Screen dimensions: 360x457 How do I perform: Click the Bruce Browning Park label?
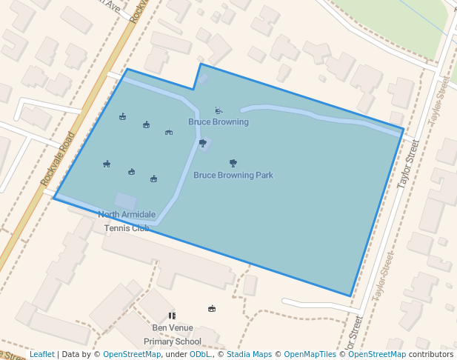pos(233,176)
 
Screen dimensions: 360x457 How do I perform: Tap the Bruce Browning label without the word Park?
pos(219,121)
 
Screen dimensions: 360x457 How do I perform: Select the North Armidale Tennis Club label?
pos(127,221)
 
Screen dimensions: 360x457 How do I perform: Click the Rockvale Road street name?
pos(59,159)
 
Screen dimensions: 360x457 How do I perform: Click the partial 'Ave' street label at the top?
pos(112,7)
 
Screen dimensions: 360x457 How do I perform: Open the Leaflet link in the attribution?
pos(41,355)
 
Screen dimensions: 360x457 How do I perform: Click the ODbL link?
pos(200,355)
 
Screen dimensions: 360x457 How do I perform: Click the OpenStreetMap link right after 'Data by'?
pos(132,355)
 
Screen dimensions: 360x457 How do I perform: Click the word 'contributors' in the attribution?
pos(431,355)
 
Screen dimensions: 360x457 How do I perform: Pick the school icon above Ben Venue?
pos(173,316)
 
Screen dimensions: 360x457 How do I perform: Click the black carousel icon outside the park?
pos(212,309)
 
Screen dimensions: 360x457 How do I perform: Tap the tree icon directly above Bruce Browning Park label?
pos(233,162)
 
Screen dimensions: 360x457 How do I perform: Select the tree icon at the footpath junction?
pos(202,143)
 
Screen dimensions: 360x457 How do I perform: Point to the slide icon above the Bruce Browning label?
pos(218,110)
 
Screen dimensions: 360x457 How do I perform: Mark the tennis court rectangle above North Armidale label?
pos(124,201)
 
